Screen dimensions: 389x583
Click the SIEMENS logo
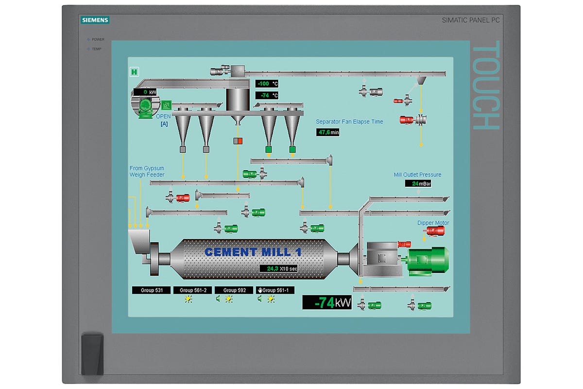click(95, 20)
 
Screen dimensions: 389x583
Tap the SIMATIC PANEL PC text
click(470, 20)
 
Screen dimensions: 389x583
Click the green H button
click(135, 72)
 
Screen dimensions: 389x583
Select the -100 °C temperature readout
click(267, 84)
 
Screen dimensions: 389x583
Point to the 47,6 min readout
click(328, 132)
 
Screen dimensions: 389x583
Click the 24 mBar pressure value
click(418, 183)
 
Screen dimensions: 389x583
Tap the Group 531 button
click(151, 290)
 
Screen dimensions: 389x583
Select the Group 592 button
click(234, 290)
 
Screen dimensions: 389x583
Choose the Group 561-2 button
click(193, 290)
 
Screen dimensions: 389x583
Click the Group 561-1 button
click(275, 290)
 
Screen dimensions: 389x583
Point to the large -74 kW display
click(327, 302)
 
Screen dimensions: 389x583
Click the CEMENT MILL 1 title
click(253, 252)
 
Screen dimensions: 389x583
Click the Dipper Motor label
click(433, 223)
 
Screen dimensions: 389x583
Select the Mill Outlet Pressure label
click(417, 175)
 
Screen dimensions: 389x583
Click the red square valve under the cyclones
click(238, 141)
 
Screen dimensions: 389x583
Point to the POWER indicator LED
click(88, 39)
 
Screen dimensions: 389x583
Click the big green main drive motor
click(428, 260)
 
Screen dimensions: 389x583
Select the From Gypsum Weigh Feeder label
click(147, 171)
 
